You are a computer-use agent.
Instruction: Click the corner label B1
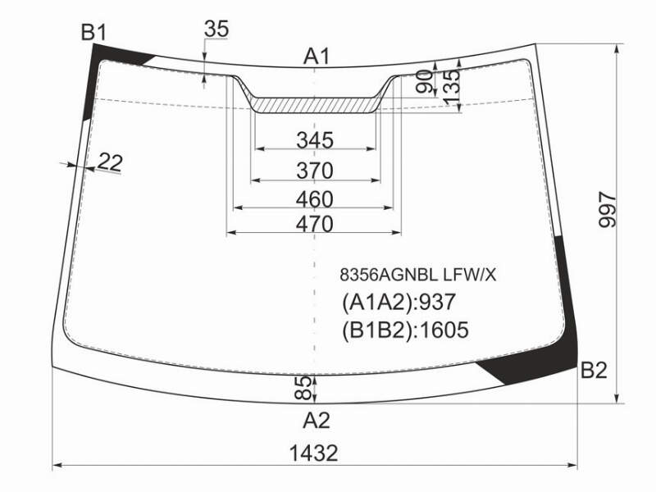click(x=93, y=32)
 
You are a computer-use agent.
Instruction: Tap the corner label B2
click(x=594, y=371)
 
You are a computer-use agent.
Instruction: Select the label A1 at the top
click(x=317, y=56)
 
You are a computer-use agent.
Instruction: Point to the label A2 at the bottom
click(x=317, y=420)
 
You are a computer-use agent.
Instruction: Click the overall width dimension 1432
click(x=314, y=453)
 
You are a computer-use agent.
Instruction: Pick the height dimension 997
click(x=607, y=210)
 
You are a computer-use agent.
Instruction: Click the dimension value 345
click(x=315, y=139)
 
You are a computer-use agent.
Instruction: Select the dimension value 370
click(x=315, y=171)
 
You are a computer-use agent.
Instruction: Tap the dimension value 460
click(x=315, y=199)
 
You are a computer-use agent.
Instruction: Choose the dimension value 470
click(x=315, y=224)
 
